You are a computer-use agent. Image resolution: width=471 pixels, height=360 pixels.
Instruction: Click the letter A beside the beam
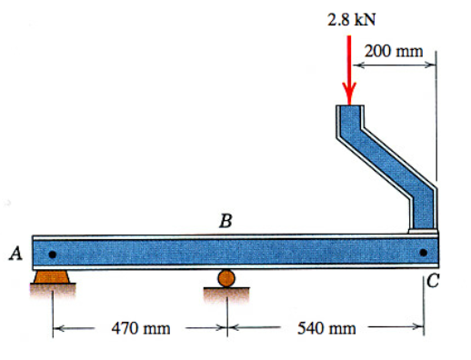tap(15, 254)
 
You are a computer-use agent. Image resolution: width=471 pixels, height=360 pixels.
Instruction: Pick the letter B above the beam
tap(225, 220)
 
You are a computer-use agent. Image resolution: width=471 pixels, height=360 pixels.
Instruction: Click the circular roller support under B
tap(225, 278)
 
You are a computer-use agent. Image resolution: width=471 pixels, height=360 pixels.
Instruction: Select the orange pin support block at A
tap(52, 275)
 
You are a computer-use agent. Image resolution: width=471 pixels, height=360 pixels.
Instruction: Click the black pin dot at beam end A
tap(53, 254)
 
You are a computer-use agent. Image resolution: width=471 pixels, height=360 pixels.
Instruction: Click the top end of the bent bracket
tap(349, 114)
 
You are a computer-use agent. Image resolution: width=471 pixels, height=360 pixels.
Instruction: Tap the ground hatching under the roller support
tap(225, 293)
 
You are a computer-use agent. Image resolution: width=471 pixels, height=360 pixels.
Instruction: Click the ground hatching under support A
tap(52, 289)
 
